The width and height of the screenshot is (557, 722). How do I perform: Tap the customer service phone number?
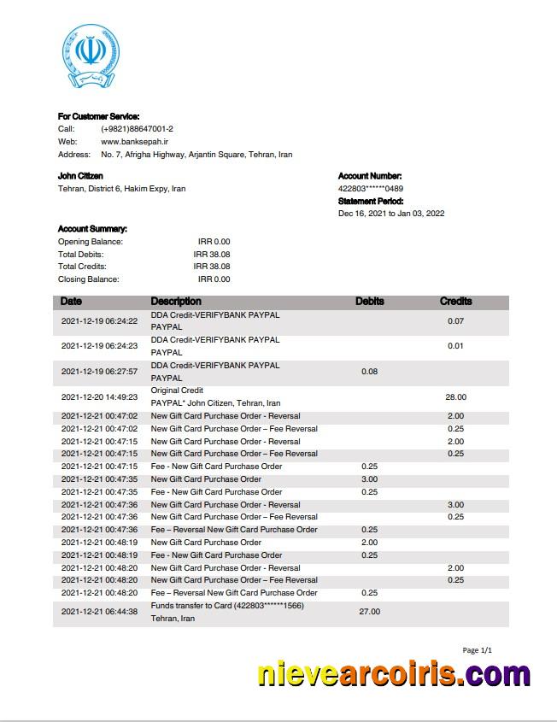point(137,128)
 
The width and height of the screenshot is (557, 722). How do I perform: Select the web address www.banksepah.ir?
point(134,141)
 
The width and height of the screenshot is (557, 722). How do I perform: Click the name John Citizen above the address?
point(80,176)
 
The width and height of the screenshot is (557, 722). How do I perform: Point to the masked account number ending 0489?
point(370,188)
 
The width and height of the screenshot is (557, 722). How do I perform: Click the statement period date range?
point(390,214)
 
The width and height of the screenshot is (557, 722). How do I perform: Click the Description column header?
point(176,302)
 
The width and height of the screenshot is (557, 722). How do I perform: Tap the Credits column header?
point(455,302)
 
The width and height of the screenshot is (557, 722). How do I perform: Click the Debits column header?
point(369,302)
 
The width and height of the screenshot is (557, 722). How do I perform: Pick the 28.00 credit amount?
point(455,397)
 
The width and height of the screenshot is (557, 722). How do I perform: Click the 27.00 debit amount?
point(370,612)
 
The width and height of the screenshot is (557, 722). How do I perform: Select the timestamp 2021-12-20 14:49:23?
point(99,397)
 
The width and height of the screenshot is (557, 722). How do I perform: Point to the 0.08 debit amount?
point(370,372)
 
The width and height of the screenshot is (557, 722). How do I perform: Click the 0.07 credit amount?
point(455,321)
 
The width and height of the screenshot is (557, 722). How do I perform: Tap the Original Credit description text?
point(177,390)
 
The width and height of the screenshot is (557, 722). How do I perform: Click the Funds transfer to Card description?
point(227,606)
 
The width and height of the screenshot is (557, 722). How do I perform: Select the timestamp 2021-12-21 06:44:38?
point(99,612)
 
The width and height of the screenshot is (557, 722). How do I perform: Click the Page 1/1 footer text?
point(477,650)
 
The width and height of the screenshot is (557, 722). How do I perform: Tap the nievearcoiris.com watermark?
point(394,676)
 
